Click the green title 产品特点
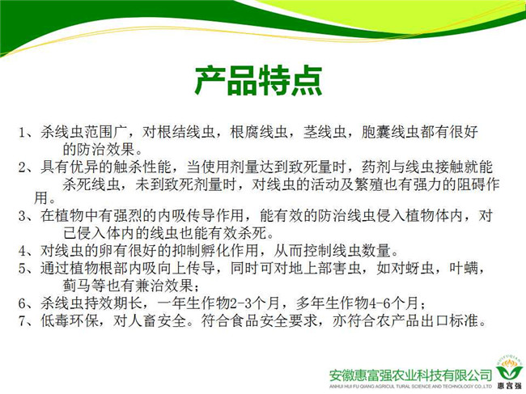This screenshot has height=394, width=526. tap(259, 80)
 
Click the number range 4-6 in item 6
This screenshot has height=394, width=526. tap(380, 303)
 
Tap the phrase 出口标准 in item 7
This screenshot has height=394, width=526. tap(449, 320)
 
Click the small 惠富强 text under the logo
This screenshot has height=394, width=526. tap(509, 386)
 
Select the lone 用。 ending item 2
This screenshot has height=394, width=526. tap(45, 198)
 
